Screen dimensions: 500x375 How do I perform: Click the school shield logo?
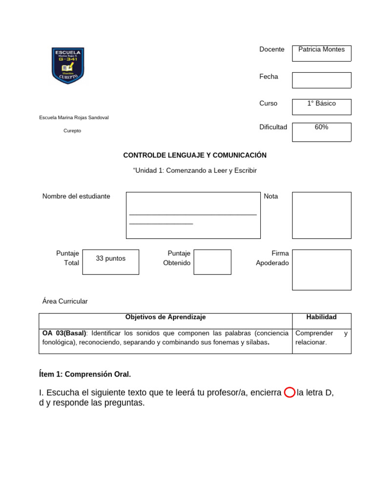[x=68, y=65]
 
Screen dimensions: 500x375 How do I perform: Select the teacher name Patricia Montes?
[x=321, y=49]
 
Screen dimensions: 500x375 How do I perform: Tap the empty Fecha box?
[x=321, y=80]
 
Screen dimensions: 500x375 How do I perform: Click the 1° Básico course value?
[x=321, y=104]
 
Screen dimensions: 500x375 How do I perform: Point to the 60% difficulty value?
[x=321, y=127]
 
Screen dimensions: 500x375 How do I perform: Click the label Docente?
[x=271, y=49]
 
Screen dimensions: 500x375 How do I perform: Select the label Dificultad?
[x=273, y=127]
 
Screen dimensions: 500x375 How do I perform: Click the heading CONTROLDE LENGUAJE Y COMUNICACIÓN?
[x=195, y=155]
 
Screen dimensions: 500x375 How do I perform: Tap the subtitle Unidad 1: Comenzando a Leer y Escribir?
[x=195, y=170]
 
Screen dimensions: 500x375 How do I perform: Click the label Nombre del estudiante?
[x=76, y=196]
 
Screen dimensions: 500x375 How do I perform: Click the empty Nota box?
[x=321, y=215]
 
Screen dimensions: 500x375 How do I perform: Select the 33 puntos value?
[x=110, y=258]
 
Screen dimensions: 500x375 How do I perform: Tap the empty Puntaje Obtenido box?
[x=212, y=262]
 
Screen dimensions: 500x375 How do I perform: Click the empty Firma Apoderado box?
[x=321, y=270]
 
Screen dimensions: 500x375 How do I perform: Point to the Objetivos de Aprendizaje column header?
[x=166, y=317]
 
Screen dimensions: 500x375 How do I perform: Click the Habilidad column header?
[x=321, y=317]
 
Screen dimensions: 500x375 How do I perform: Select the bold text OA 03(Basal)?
[x=63, y=333]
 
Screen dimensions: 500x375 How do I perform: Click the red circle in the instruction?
[x=289, y=393]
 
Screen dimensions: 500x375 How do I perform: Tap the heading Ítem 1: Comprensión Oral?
[x=85, y=375]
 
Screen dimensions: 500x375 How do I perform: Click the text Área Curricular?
[x=65, y=301]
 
